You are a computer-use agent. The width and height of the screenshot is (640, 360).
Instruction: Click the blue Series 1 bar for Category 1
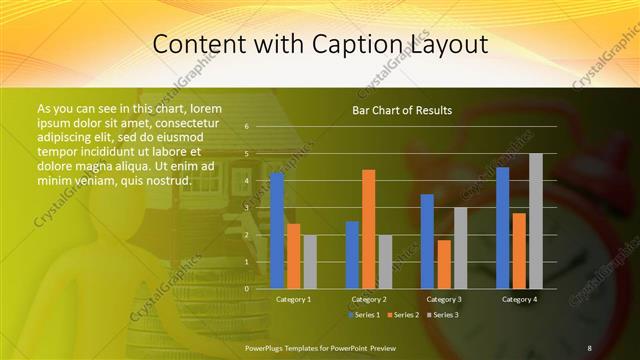(x=277, y=230)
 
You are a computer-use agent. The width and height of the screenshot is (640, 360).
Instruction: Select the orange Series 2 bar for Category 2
(x=369, y=228)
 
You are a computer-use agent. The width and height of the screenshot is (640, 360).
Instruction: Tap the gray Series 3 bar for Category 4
(x=536, y=220)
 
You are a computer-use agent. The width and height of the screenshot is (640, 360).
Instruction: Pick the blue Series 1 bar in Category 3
(x=428, y=240)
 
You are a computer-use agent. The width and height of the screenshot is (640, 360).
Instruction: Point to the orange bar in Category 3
(x=444, y=263)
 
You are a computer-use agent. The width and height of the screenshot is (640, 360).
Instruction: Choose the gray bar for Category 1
(x=309, y=261)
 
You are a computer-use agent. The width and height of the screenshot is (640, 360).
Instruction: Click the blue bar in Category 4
(x=503, y=227)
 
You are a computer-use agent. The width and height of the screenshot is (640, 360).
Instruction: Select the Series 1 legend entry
(x=364, y=315)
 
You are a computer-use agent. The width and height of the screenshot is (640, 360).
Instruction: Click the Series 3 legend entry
(x=443, y=315)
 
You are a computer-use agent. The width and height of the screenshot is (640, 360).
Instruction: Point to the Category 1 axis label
(x=293, y=299)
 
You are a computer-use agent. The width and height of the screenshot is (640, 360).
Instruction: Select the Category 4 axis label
(x=519, y=299)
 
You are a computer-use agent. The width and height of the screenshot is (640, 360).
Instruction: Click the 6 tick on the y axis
(x=247, y=127)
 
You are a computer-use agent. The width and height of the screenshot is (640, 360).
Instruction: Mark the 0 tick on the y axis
(x=247, y=288)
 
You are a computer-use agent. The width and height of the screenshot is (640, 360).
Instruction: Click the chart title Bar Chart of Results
(x=403, y=110)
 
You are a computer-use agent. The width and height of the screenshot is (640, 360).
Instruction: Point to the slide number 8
(x=589, y=347)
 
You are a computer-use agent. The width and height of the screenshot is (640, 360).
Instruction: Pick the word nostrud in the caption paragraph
(x=165, y=180)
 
